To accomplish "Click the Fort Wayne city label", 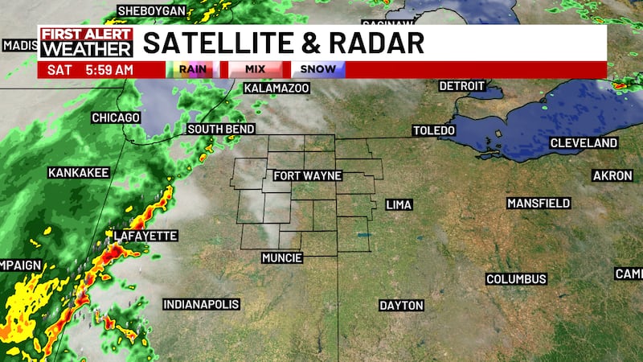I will pyautogui.click(x=308, y=175).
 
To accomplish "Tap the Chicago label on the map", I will pyautogui.click(x=116, y=117).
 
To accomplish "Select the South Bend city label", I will pyautogui.click(x=221, y=129).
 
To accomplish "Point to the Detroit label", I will pyautogui.click(x=462, y=86).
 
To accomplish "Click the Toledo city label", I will pyautogui.click(x=434, y=130).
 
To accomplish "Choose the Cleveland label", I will pyautogui.click(x=584, y=143).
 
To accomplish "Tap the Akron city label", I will pyautogui.click(x=612, y=175).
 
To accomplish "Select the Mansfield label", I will pyautogui.click(x=539, y=204).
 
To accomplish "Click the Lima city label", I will pyautogui.click(x=399, y=205).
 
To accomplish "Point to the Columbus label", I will pyautogui.click(x=516, y=279).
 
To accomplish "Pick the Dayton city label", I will pyautogui.click(x=402, y=306).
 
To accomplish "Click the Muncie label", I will pyautogui.click(x=282, y=258).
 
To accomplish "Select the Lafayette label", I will pyautogui.click(x=145, y=236).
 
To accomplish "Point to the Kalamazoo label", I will pyautogui.click(x=276, y=87).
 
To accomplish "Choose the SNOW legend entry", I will pyautogui.click(x=319, y=69).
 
